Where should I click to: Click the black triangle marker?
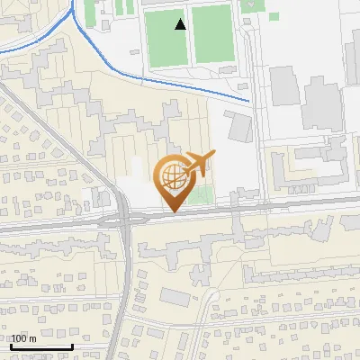coord(181,24)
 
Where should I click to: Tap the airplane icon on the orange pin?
coord(197,164)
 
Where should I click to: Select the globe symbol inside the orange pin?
coord(172,177)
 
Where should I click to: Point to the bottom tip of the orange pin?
coord(172,212)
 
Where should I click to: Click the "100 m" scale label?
coord(23,338)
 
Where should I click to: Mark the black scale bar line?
coord(40,346)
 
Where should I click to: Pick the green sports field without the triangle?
coord(211,35)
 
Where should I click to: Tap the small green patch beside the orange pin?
coord(204,196)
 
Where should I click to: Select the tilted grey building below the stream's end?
coord(239,127)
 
